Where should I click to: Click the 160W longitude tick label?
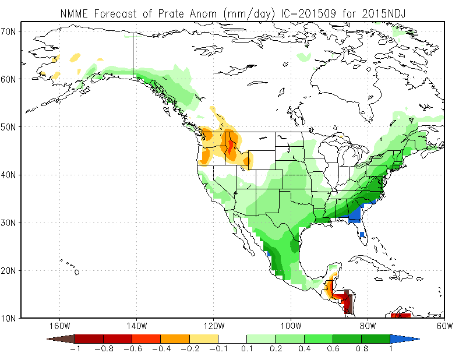[x=59, y=326]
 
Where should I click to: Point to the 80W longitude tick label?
[x=368, y=326]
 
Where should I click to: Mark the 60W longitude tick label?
[x=444, y=326]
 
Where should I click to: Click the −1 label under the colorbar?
[x=75, y=349]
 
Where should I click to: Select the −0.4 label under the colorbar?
[x=161, y=349]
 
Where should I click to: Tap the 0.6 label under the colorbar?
[x=333, y=349]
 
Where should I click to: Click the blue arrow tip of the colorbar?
[x=404, y=338]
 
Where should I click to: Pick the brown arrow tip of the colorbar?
[x=61, y=338]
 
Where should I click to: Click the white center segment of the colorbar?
[x=232, y=338]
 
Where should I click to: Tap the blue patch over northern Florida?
[x=354, y=217]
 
